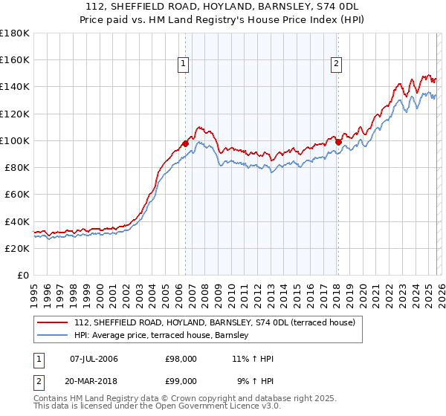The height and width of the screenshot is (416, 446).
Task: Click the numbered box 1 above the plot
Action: [184, 65]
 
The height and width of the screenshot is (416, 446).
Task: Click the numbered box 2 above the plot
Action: [337, 65]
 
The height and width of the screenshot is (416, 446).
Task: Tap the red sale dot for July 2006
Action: [185, 143]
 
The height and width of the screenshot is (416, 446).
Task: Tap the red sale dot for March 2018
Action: [338, 141]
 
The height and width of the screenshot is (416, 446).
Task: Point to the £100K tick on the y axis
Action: [15, 140]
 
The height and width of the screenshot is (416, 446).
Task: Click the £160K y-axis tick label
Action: [15, 60]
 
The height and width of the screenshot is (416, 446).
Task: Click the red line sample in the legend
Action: [54, 322]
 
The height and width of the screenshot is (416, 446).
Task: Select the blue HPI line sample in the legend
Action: [54, 336]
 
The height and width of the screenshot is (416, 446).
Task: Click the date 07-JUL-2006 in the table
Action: [94, 359]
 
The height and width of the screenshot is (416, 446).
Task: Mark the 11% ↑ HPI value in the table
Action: [253, 359]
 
